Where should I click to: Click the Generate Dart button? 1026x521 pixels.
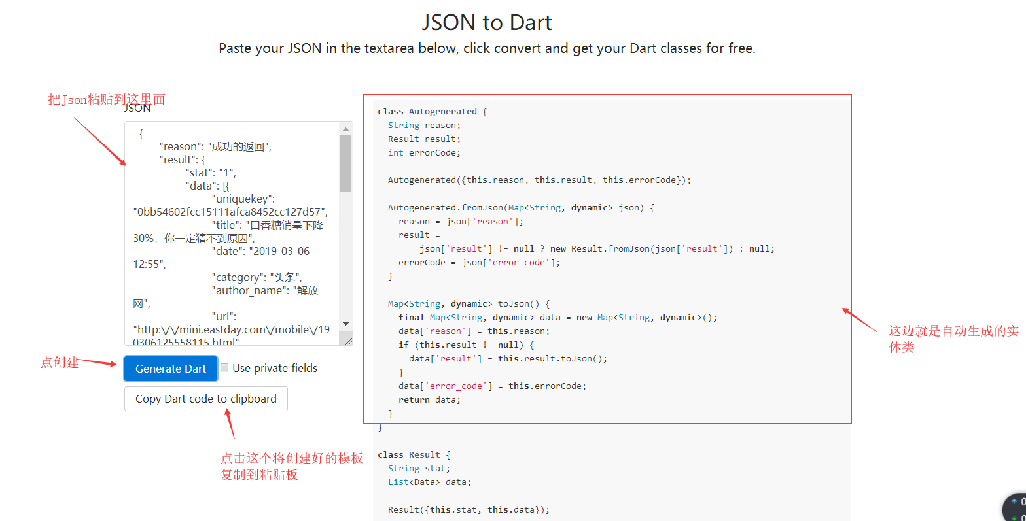(170, 369)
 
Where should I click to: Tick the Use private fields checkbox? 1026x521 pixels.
(224, 368)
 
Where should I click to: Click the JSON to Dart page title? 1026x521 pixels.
(487, 23)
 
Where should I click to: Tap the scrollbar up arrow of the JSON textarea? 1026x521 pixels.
(346, 129)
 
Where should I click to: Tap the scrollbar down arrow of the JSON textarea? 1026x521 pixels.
(346, 324)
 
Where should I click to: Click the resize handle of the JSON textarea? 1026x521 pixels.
(348, 341)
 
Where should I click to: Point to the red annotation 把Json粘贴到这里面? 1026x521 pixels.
(106, 99)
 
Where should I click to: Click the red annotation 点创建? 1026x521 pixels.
(60, 362)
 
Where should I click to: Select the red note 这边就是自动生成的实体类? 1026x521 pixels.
(953, 339)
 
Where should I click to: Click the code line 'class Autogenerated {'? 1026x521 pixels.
(432, 112)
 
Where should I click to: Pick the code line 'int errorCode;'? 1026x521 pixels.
(424, 153)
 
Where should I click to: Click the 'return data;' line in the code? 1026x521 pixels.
(429, 400)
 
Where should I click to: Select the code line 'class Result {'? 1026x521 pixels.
(414, 455)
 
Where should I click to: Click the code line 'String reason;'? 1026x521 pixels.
(424, 126)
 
